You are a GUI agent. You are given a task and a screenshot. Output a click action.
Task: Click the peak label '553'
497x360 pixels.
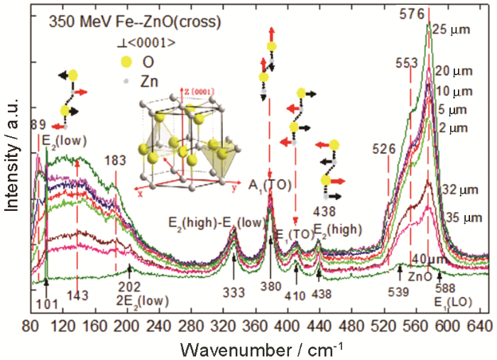click(x=406, y=62)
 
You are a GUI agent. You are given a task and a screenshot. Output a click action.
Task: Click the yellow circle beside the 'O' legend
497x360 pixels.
click(x=126, y=61)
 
